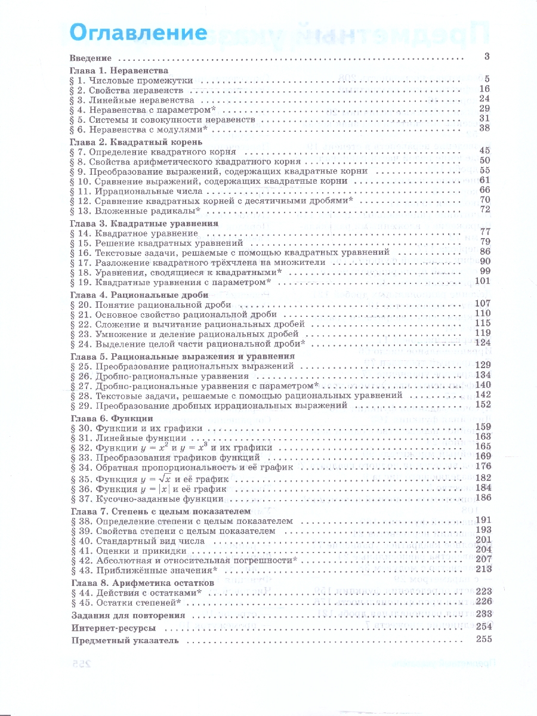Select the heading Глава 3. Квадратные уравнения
pos(144,223)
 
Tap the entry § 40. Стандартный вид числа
pos(137,541)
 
